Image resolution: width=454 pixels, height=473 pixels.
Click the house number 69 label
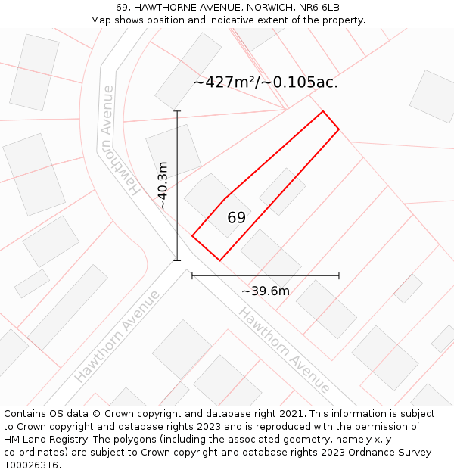(236, 218)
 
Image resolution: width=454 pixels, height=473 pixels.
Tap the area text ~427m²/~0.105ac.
(266, 82)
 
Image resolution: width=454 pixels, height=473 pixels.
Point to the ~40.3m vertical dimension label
(163, 185)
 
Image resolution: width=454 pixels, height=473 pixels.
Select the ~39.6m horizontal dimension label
(266, 291)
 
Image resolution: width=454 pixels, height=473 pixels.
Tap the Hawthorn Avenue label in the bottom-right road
(284, 350)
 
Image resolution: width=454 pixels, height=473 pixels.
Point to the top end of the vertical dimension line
(178, 111)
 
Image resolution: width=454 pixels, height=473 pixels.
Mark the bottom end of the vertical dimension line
(178, 261)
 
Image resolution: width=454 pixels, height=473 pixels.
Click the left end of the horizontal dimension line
(192, 276)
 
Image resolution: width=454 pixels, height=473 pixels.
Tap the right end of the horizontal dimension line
(339, 276)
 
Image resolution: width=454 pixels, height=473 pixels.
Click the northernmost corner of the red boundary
(323, 111)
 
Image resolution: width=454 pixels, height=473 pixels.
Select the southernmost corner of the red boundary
(219, 261)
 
